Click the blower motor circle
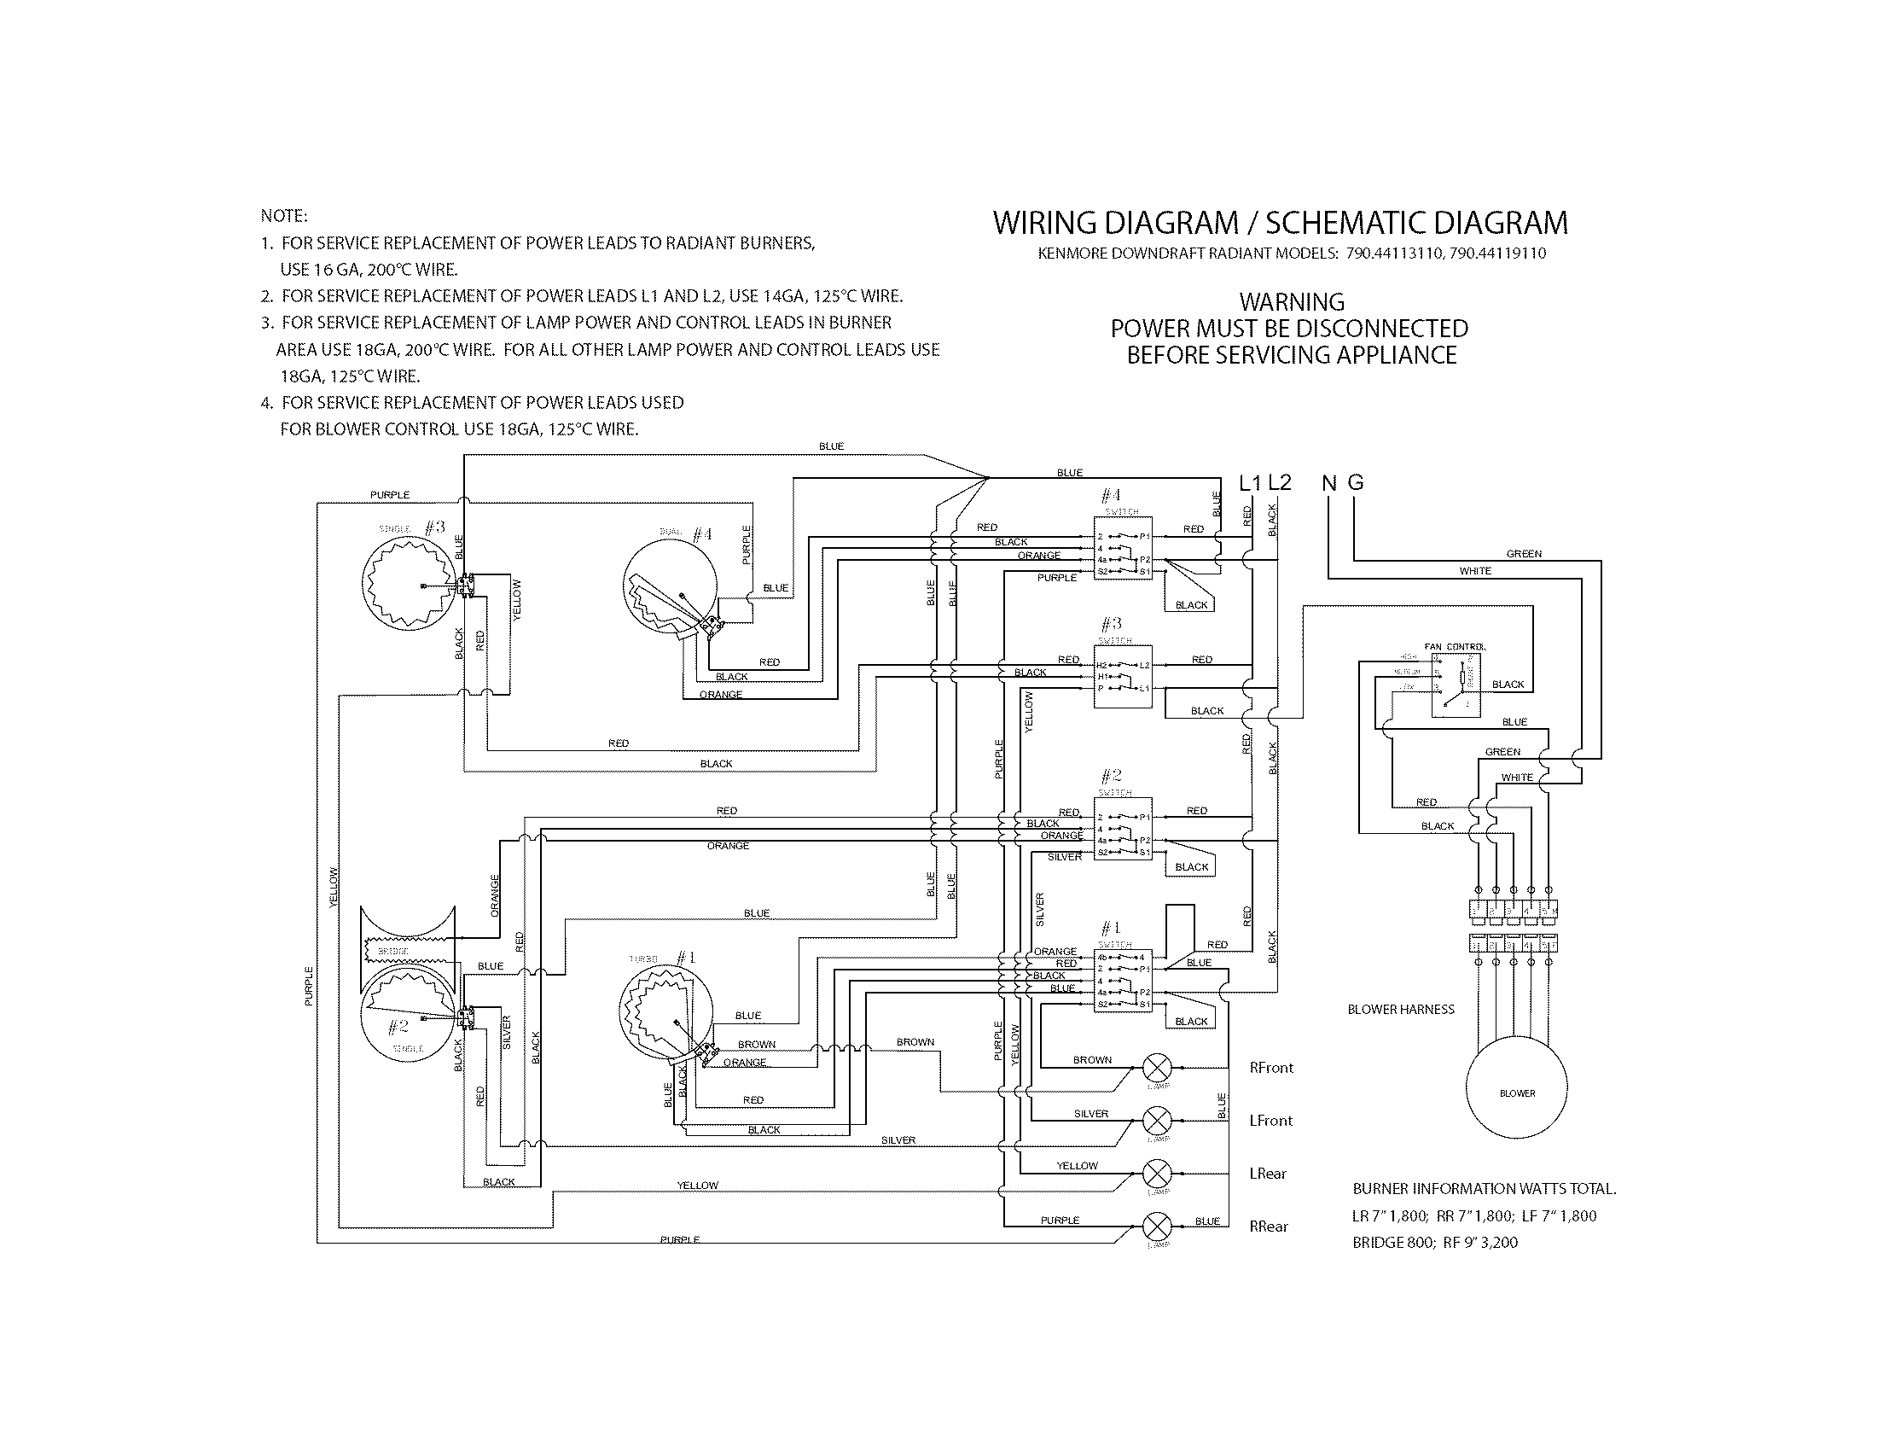coord(1517,1093)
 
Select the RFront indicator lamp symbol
coord(1157,1069)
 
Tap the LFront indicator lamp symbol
coord(1157,1121)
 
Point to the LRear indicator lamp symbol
coord(1157,1174)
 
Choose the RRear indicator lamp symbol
coord(1157,1227)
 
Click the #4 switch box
coord(1123,548)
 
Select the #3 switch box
coord(1123,677)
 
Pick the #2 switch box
coord(1123,829)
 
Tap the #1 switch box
coord(1123,981)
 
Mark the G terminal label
coord(1356,483)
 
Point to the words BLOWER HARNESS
coord(1401,1009)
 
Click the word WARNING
coord(1292,303)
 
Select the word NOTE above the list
coord(283,216)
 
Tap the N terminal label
coord(1328,483)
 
